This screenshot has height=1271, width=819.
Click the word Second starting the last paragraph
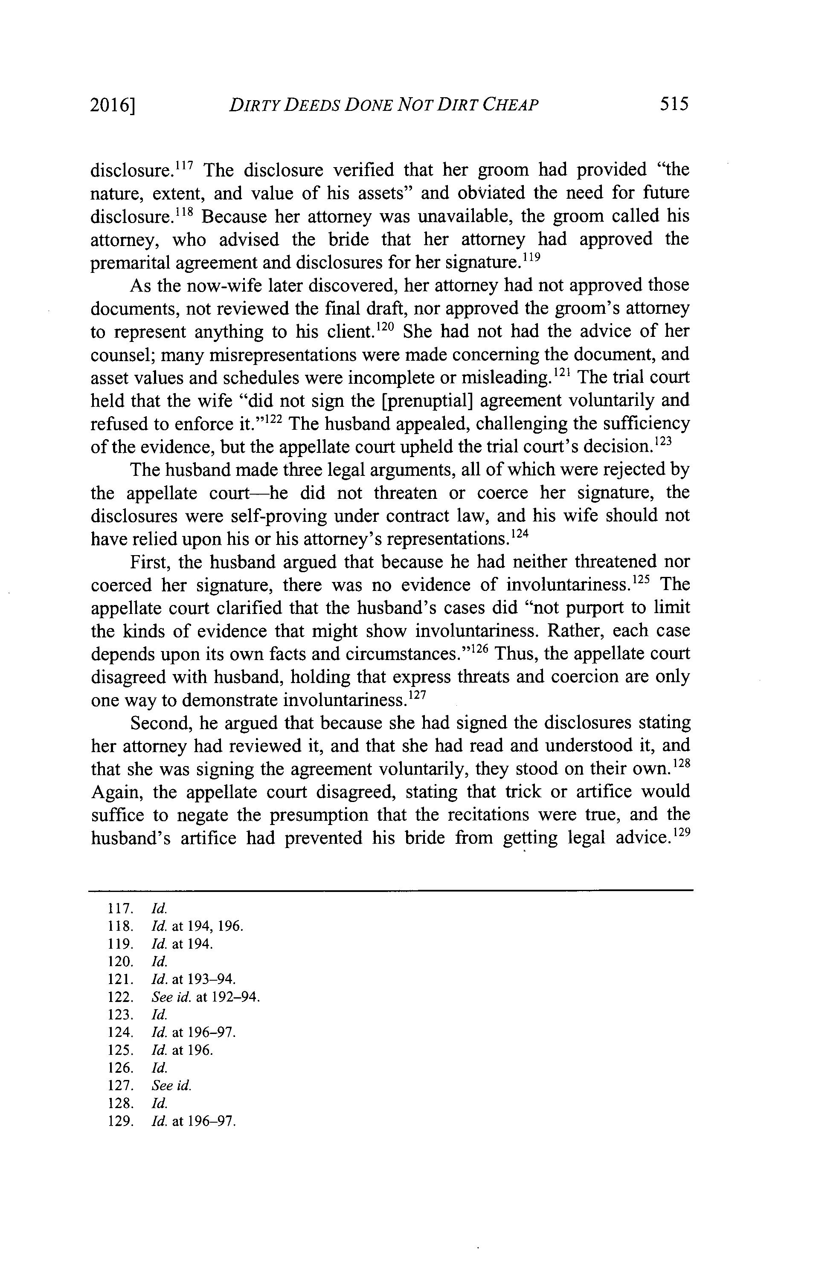[x=162, y=724]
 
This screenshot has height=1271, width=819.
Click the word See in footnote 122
[x=161, y=997]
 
